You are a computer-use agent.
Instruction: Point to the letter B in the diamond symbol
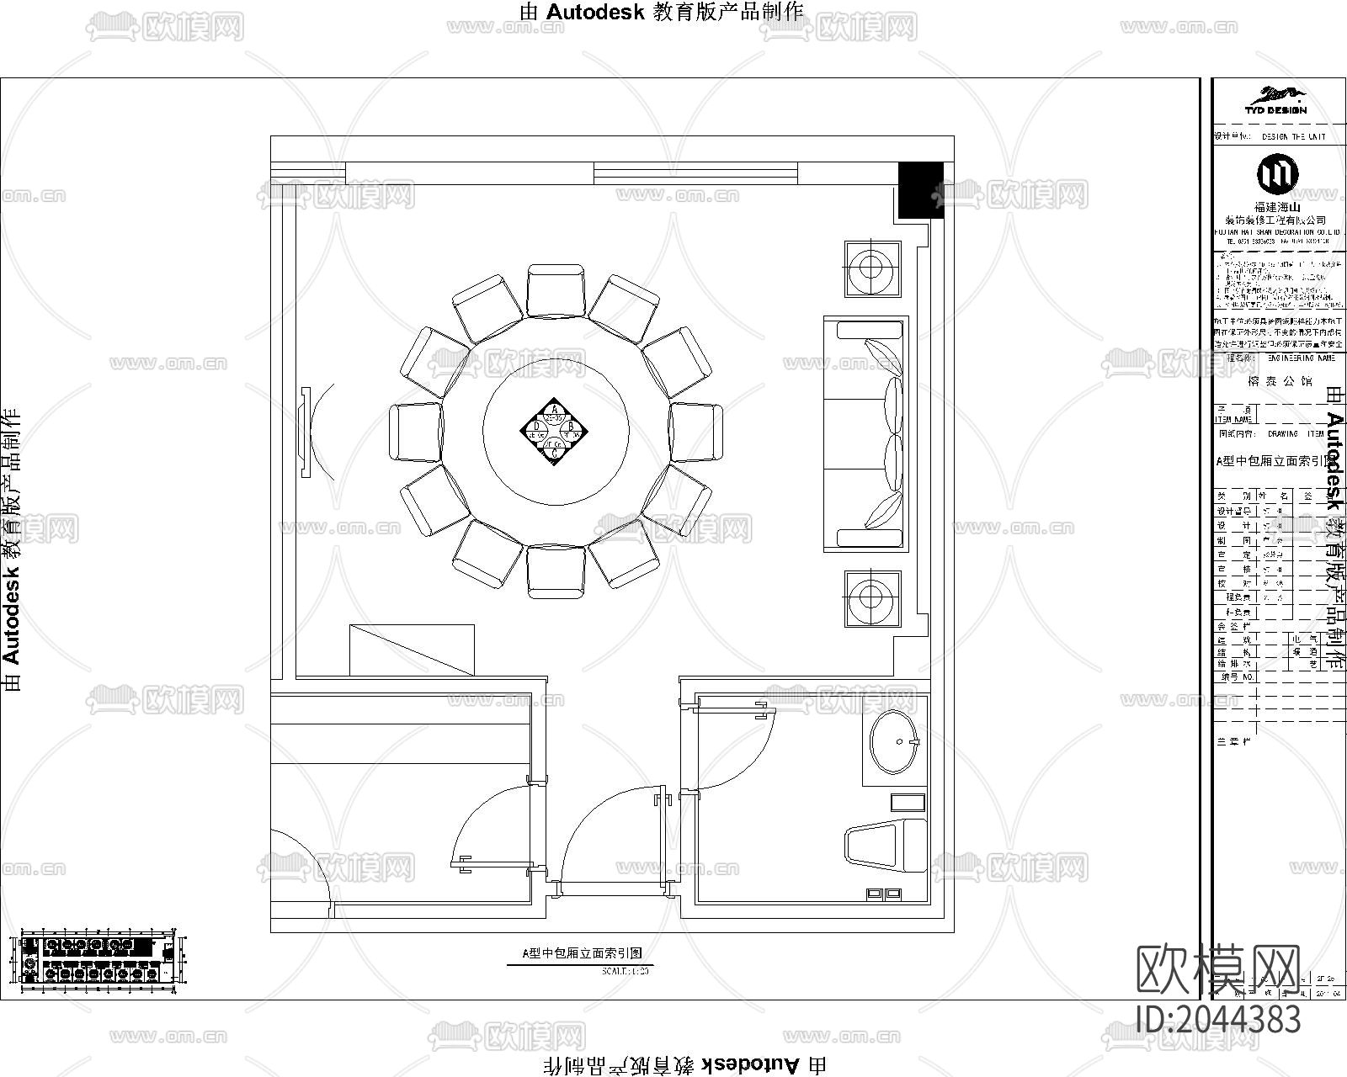pos(570,427)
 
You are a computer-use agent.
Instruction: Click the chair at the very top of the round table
pos(556,290)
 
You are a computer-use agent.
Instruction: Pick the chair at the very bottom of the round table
pos(556,571)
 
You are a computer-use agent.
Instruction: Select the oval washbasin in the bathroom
pos(895,741)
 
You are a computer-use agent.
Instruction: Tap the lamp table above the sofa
pos(873,269)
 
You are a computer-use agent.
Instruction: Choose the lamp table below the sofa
pos(873,598)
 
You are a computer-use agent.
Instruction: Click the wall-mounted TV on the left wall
pos(305,430)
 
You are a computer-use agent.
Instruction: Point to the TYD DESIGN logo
pos(1276,100)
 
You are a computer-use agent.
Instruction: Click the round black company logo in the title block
pos(1277,173)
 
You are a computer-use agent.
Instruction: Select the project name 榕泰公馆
pos(1276,380)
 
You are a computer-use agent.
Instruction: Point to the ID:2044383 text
pos(1218,1019)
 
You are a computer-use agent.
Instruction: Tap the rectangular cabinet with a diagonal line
pos(412,650)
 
